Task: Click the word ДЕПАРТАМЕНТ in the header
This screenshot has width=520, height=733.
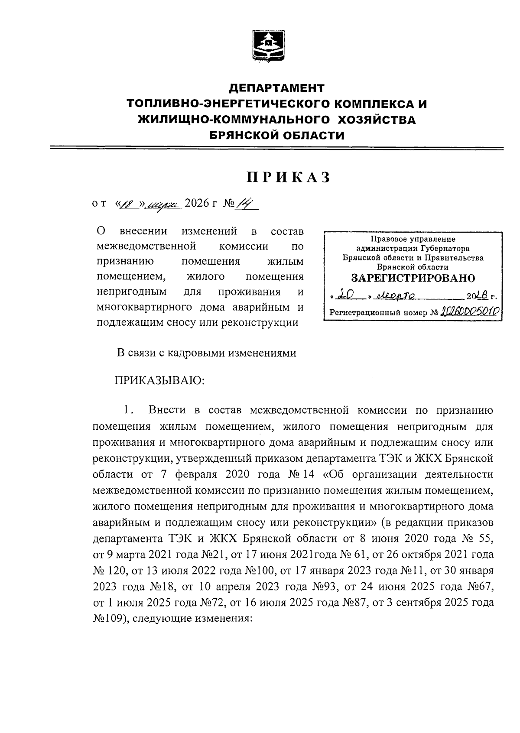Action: tap(276, 88)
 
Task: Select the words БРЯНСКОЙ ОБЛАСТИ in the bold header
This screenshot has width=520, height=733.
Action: tap(277, 136)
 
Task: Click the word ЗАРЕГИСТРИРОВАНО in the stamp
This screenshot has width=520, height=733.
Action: tap(412, 278)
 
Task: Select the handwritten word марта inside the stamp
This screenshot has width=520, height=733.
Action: tap(395, 296)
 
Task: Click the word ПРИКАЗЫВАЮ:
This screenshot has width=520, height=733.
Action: tap(159, 381)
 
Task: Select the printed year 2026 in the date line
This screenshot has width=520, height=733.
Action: tap(194, 203)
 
